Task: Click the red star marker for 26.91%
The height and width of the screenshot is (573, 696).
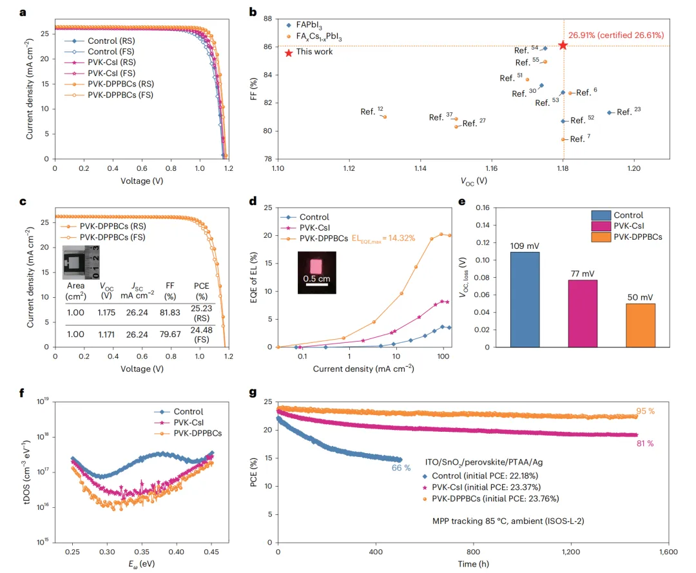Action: (x=563, y=45)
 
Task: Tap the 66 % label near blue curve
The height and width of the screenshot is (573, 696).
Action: (x=401, y=468)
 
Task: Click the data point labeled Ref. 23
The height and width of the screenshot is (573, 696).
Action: (x=609, y=113)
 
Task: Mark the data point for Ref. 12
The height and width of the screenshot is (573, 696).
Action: (x=385, y=117)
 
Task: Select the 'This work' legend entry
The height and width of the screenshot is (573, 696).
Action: (x=314, y=52)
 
